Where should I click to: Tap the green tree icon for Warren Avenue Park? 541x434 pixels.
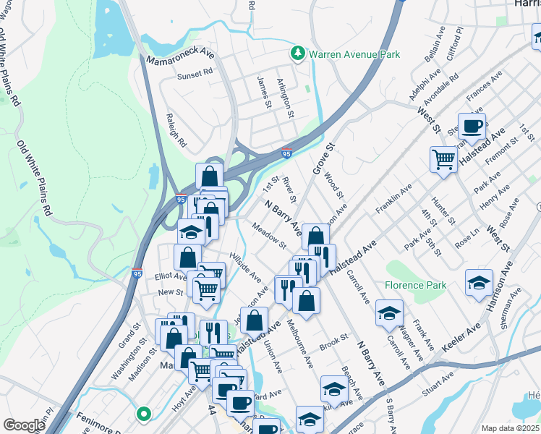point(297,54)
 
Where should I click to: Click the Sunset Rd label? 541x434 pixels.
point(195,72)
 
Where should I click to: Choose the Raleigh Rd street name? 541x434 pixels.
point(176,129)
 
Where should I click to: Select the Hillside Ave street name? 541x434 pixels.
point(245,267)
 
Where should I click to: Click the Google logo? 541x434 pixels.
point(24,425)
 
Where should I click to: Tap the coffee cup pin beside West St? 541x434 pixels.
point(472,127)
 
